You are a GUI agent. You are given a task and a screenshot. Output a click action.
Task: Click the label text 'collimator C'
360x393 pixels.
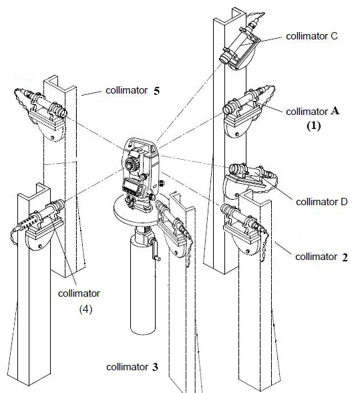(312, 36)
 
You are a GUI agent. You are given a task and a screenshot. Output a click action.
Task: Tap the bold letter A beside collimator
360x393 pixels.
(335, 110)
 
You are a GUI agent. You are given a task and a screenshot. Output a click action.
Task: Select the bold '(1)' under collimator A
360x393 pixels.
(314, 126)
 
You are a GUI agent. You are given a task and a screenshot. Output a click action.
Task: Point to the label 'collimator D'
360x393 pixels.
(322, 202)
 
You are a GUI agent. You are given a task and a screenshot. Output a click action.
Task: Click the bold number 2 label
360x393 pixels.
(345, 257)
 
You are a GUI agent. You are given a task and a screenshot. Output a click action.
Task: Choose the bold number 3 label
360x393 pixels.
(155, 367)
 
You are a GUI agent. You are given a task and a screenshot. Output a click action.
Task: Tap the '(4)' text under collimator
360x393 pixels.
(85, 309)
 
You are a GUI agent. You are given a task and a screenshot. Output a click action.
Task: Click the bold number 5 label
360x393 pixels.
(156, 91)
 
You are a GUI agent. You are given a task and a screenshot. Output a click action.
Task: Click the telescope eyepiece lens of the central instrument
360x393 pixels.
(130, 165)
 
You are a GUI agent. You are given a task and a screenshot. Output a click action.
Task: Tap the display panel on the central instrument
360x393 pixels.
(132, 186)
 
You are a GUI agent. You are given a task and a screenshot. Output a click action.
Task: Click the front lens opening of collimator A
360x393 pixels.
(228, 110)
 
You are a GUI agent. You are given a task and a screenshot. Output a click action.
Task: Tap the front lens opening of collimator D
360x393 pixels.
(234, 168)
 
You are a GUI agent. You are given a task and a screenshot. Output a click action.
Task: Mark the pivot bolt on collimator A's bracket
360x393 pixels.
(236, 134)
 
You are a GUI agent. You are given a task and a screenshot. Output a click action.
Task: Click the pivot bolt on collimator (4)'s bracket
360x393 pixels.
(40, 246)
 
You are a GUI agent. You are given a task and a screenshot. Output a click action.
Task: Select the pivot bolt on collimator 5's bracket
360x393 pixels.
(52, 138)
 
